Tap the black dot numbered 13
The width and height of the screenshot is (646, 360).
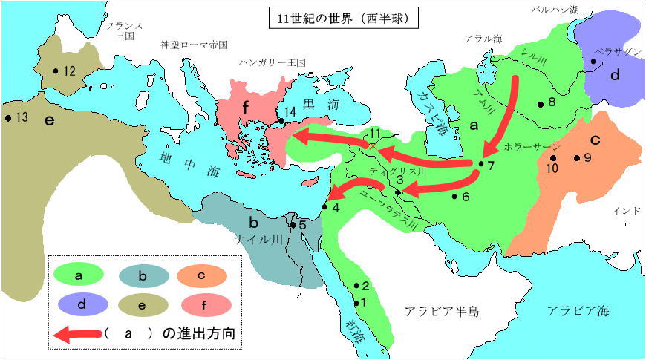7,117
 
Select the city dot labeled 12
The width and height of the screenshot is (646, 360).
55,71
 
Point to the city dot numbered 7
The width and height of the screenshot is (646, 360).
481,163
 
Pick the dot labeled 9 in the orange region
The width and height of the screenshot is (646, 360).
576,158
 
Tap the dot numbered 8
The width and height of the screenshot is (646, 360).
541,105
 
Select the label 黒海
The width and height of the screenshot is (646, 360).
322,105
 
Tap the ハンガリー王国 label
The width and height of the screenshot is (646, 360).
273,64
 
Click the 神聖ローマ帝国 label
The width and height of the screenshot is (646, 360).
194,45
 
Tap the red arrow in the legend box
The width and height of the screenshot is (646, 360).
75,334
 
